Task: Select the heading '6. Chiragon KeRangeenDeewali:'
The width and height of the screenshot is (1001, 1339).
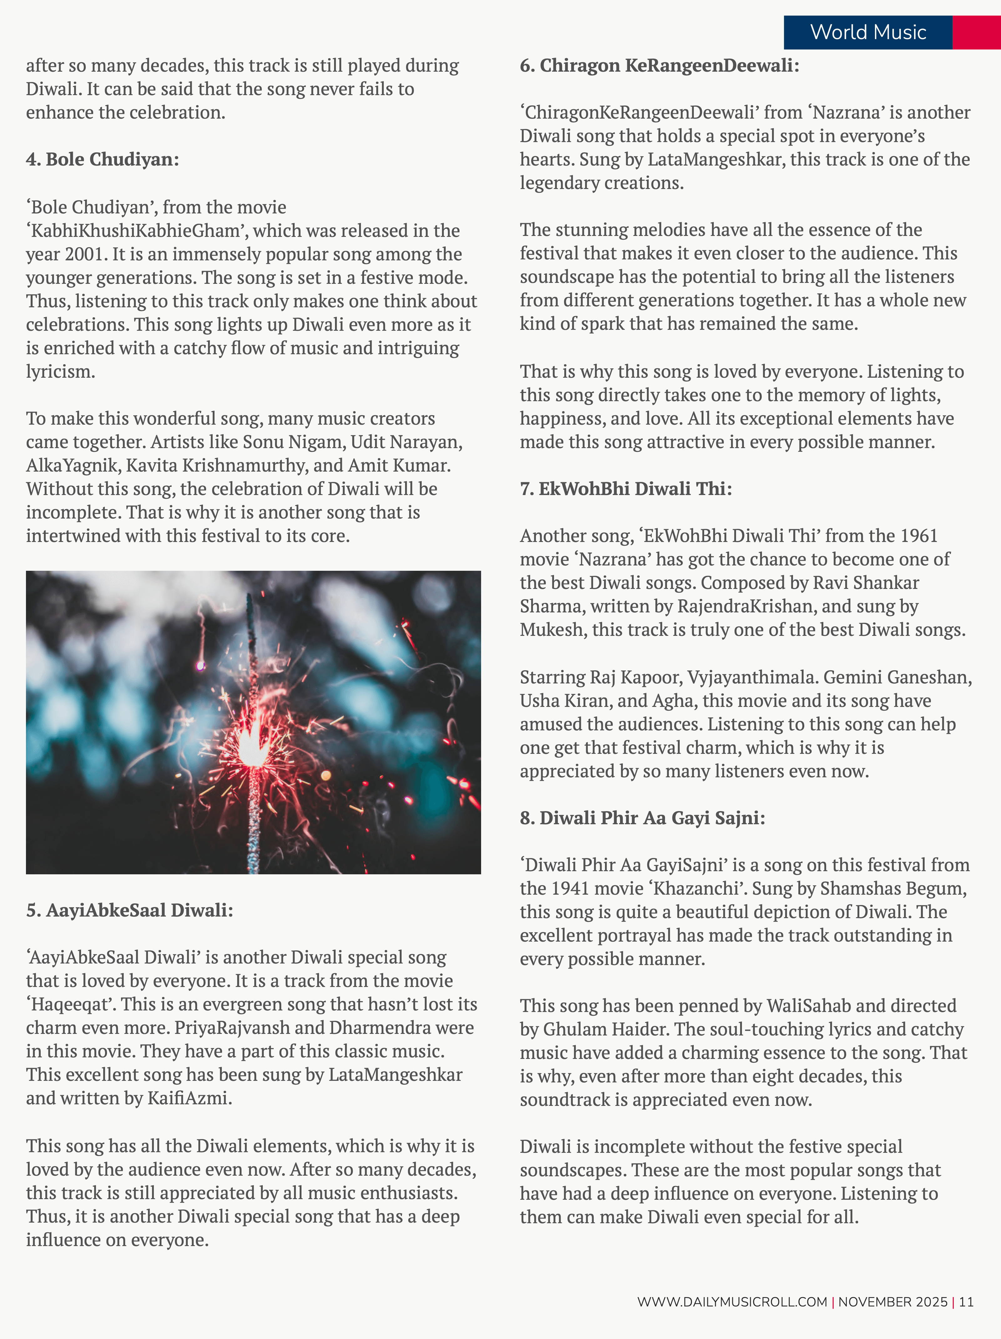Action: [659, 65]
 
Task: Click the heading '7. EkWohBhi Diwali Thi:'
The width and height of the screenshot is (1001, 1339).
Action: [626, 488]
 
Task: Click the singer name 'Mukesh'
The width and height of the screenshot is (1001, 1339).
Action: [552, 630]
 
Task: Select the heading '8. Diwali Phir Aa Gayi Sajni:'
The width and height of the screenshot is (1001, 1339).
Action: [642, 818]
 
